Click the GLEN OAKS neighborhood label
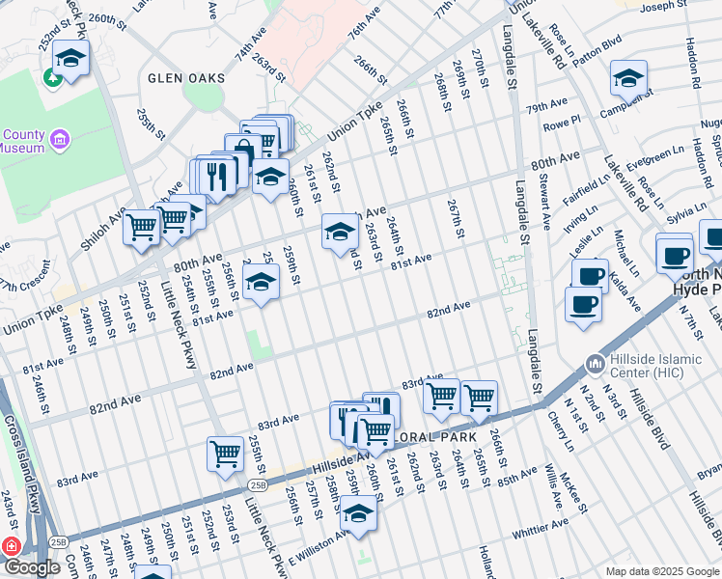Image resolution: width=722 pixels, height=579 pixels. [186, 78]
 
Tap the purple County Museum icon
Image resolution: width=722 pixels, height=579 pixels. [60, 141]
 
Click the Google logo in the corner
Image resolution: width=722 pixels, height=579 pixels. [32, 567]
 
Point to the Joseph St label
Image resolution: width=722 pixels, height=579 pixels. [662, 6]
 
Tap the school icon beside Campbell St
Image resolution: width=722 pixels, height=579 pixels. [628, 78]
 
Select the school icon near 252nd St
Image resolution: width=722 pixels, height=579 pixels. [69, 59]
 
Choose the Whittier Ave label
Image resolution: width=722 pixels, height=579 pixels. [541, 528]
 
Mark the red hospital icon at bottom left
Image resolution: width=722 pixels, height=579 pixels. [12, 546]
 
